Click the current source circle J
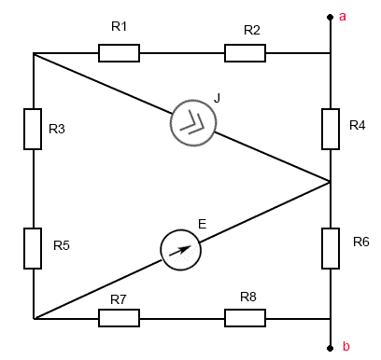pos(171,123)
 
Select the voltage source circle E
pos(161,250)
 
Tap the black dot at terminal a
pos(331,17)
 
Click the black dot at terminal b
pos(331,348)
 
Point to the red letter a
pos(343,17)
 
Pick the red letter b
pos(346,346)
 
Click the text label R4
pos(358,125)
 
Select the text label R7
pos(119,299)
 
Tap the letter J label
pos(217,98)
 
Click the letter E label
pos(203,224)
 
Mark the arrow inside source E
pos(180,251)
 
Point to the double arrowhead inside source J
pos(193,124)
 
